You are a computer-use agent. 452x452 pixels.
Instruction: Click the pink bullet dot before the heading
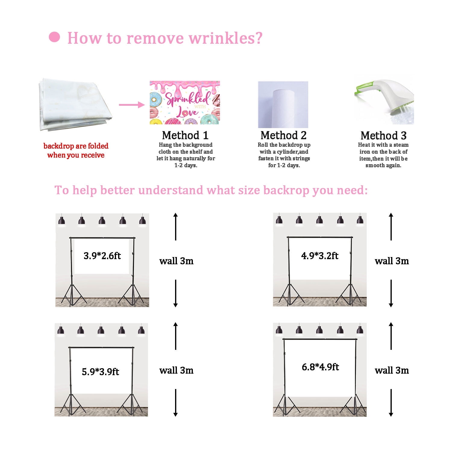[54, 37]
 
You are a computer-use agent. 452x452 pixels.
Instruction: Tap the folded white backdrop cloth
[75, 104]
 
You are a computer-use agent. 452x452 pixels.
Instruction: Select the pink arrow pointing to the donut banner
[132, 105]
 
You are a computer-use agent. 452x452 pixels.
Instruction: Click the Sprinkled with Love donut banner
[185, 102]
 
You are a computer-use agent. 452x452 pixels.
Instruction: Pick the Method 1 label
[185, 135]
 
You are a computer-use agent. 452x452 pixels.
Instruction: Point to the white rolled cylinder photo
[283, 104]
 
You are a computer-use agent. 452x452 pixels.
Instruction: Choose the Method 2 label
[284, 135]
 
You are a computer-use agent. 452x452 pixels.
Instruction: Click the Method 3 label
[384, 136]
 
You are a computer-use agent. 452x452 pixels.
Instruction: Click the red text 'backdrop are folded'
[76, 146]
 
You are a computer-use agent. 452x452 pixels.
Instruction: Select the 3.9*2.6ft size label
[102, 256]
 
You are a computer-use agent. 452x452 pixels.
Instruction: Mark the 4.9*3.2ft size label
[320, 256]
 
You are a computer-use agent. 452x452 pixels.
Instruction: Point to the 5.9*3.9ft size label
[100, 372]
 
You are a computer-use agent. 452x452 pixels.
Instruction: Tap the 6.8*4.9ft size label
[320, 367]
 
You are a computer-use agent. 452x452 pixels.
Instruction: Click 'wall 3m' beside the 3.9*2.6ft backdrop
[176, 261]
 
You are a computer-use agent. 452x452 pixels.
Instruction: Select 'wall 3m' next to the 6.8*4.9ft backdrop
[392, 370]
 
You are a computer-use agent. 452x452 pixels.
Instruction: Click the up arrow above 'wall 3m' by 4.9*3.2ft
[391, 227]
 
